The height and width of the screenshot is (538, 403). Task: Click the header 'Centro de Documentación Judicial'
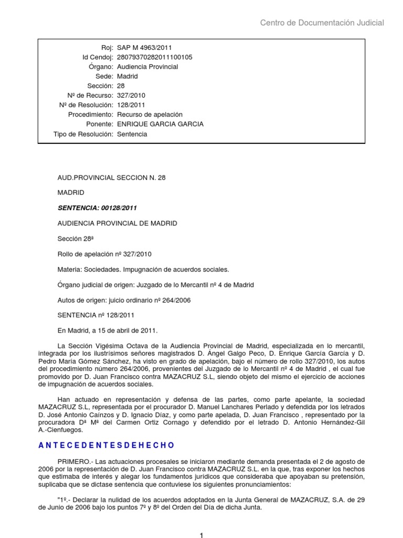pyautogui.click(x=322, y=23)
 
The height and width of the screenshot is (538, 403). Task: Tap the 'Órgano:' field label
pyautogui.click(x=100, y=67)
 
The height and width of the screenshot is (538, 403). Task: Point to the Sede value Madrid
pyautogui.click(x=128, y=76)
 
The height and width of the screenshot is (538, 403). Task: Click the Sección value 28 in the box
pyautogui.click(x=121, y=86)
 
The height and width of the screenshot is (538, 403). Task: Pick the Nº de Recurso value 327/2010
pyautogui.click(x=131, y=96)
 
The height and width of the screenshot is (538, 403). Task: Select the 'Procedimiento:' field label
pyautogui.click(x=91, y=115)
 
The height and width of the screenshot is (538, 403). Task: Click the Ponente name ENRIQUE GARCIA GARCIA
pyautogui.click(x=160, y=124)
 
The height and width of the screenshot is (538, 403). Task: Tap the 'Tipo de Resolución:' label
pyautogui.click(x=83, y=134)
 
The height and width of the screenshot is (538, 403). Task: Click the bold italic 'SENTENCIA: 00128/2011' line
pyautogui.click(x=97, y=208)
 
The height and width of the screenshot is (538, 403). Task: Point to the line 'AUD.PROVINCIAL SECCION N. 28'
pyautogui.click(x=111, y=178)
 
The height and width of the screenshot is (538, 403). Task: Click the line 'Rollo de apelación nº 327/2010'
pyautogui.click(x=104, y=254)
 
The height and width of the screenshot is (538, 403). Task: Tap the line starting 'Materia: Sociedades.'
pyautogui.click(x=143, y=269)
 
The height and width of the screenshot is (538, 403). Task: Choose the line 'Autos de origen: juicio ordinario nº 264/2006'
pyautogui.click(x=124, y=300)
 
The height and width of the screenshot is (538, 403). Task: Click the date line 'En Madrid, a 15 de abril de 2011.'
pyautogui.click(x=107, y=330)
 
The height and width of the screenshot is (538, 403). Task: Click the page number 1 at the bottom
pyautogui.click(x=201, y=535)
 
